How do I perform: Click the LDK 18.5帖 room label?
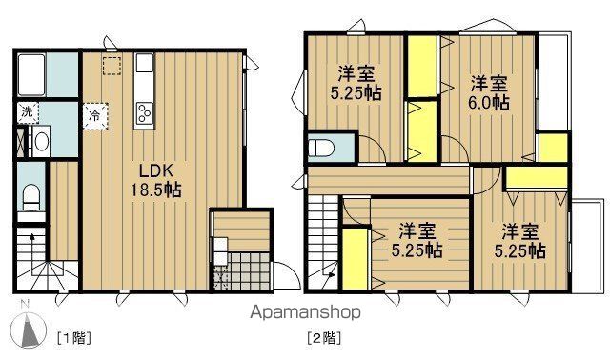tap(154, 179)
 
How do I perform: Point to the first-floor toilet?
tap(30, 196)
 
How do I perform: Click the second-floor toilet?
tap(321, 149)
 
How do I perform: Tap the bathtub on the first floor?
tap(33, 71)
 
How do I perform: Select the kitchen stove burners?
tap(146, 114)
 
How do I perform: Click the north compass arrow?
tap(29, 327)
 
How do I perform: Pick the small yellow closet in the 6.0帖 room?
tap(550, 148)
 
